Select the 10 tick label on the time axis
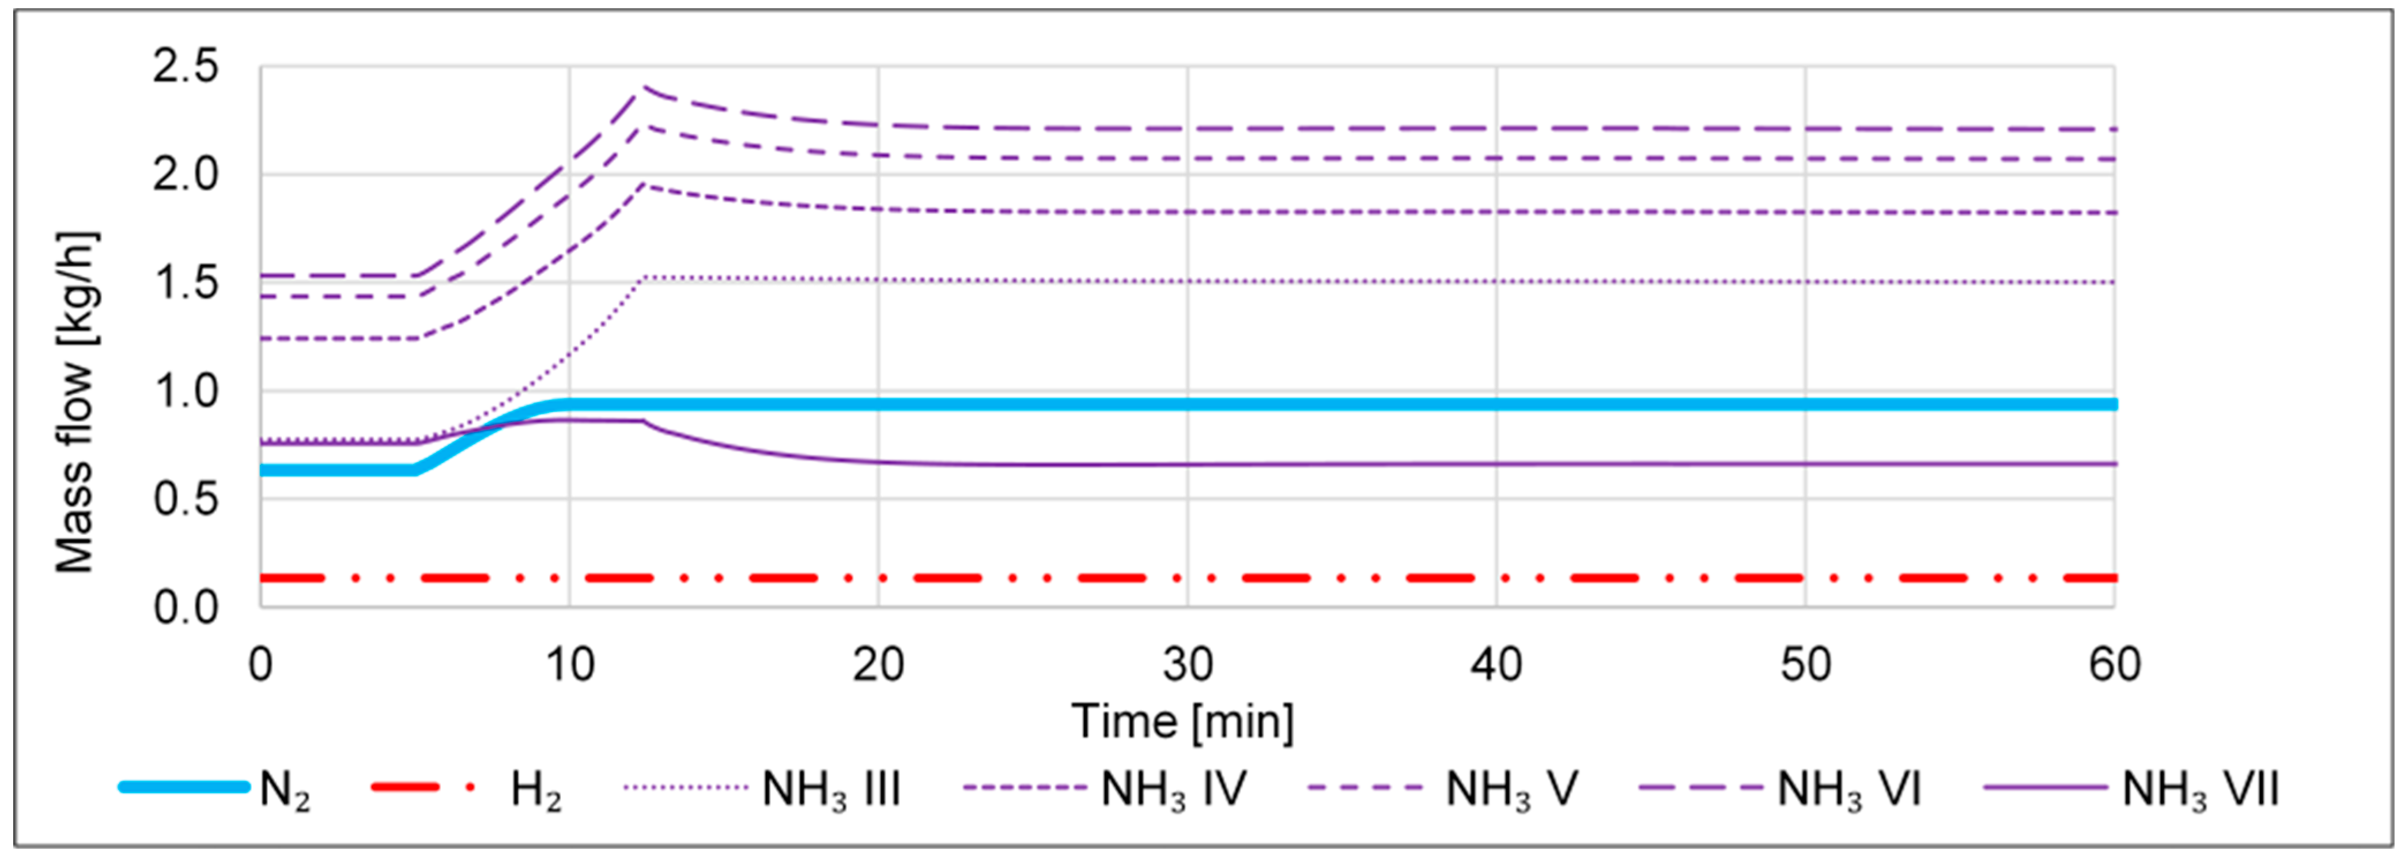569,666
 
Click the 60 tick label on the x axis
2115,666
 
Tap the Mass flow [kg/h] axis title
75,402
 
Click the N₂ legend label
284,790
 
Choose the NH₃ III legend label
831,790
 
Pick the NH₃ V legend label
1511,790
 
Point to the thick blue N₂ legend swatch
184,787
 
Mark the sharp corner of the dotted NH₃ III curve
643,278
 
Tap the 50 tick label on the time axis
1805,666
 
